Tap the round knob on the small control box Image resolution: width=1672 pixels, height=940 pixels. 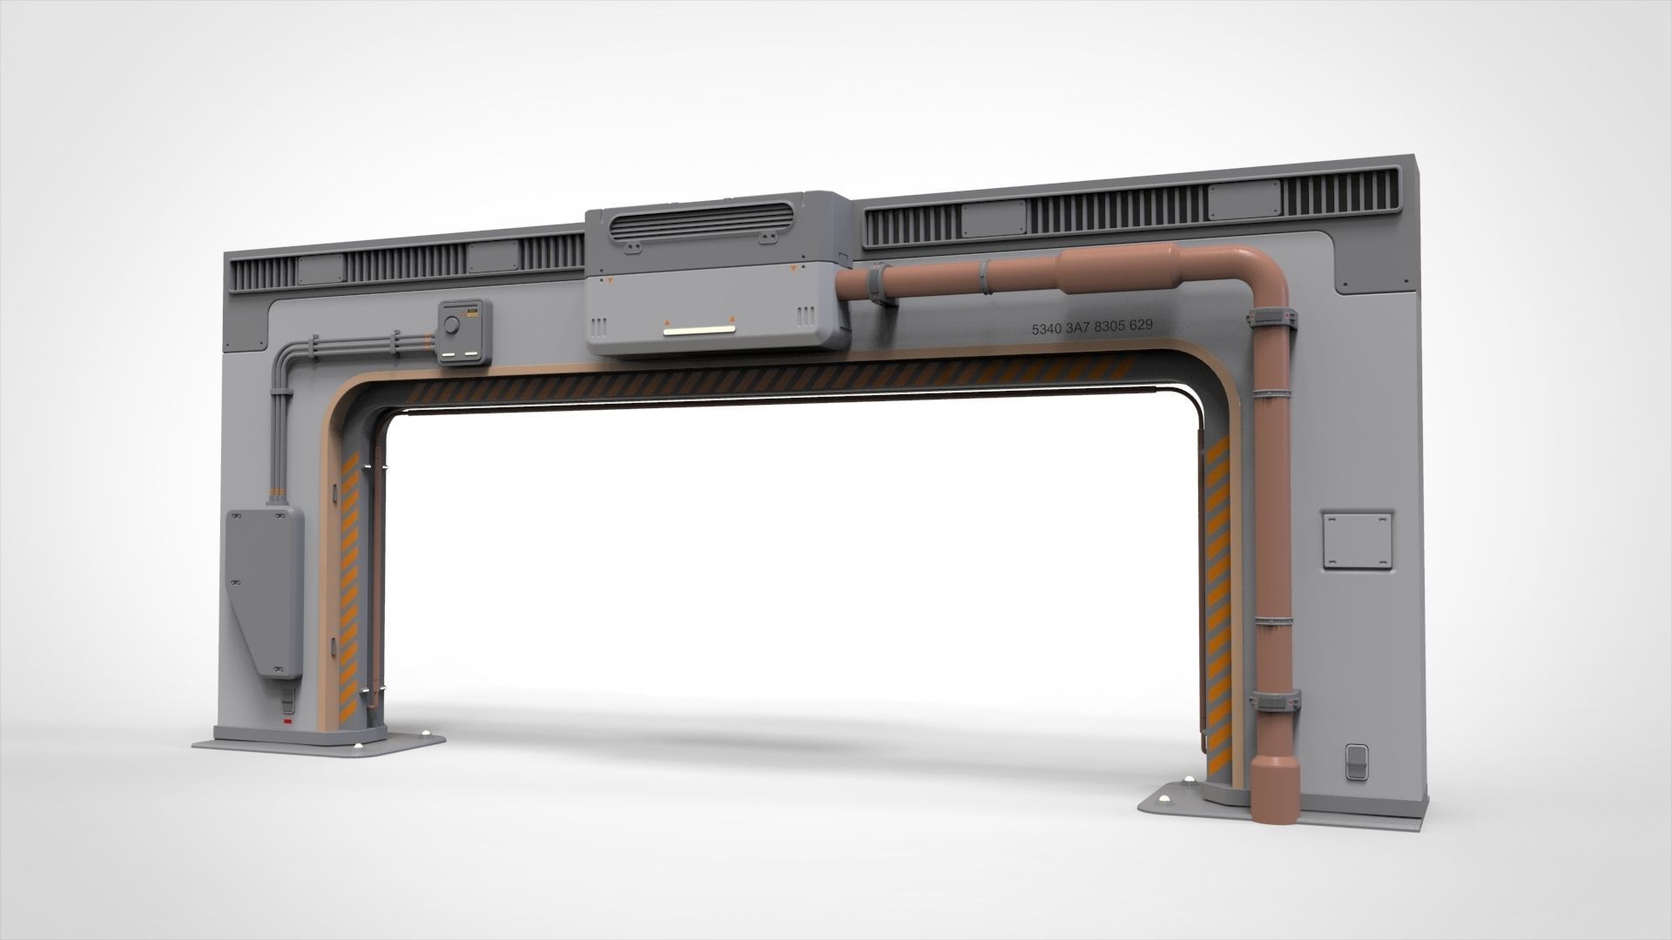(451, 326)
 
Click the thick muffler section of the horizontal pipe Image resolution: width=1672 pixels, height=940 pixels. (1116, 267)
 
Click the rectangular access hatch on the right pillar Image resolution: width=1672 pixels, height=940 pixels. (1357, 540)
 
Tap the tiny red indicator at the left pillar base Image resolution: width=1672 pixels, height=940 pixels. (287, 722)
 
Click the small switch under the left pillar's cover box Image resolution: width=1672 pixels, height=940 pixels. (287, 699)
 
